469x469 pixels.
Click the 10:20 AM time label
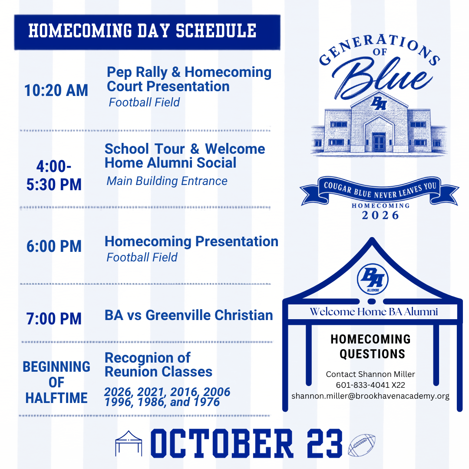56,90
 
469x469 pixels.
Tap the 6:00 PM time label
54,246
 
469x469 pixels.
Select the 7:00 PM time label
54,319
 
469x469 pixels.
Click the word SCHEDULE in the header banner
216,31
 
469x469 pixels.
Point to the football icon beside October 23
362,445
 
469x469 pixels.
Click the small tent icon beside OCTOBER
129,443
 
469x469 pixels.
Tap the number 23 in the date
324,443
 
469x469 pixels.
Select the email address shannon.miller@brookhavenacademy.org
370,396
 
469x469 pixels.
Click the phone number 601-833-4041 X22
370,385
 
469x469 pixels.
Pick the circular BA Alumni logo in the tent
373,279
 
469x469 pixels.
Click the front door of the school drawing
379,142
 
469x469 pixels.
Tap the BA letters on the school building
379,103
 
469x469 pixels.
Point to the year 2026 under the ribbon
380,215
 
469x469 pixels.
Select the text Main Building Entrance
167,181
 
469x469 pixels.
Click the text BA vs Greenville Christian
189,315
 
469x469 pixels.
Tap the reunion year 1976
207,402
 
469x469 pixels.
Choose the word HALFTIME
56,398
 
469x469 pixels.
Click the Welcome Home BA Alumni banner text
373,312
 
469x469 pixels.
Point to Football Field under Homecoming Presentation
142,257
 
